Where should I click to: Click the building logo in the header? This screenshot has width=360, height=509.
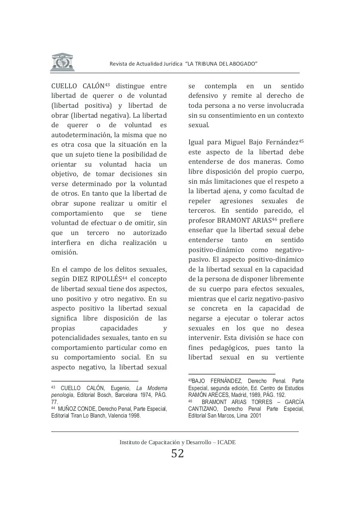tap(62, 62)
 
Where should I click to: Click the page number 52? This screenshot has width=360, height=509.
tap(178, 453)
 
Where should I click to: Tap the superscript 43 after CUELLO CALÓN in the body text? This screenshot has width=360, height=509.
tap(107, 84)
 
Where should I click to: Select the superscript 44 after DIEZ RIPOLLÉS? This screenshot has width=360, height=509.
tap(124, 277)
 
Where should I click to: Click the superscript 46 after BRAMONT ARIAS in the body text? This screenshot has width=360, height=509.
tap(274, 219)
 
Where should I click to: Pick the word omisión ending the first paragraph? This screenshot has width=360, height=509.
tap(64, 252)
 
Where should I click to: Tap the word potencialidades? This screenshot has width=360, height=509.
tap(76, 338)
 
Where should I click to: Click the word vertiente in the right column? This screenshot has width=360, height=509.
tap(289, 357)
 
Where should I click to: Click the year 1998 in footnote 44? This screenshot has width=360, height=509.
tap(132, 416)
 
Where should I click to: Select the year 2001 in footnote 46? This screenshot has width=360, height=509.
tap(256, 416)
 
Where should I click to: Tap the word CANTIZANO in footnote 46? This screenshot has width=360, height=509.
tap(203, 409)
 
